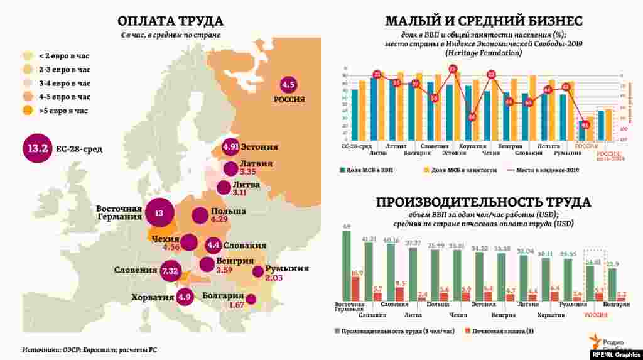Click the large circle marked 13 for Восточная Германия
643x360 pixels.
159,214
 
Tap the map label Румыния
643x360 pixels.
286,268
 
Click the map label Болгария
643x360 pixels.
222,296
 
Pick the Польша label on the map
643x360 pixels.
229,211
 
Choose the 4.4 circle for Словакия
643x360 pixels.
213,245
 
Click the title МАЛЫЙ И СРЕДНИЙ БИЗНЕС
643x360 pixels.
484,21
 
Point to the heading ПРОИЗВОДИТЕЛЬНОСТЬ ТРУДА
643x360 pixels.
484,202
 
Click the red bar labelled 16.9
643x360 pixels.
356,290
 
